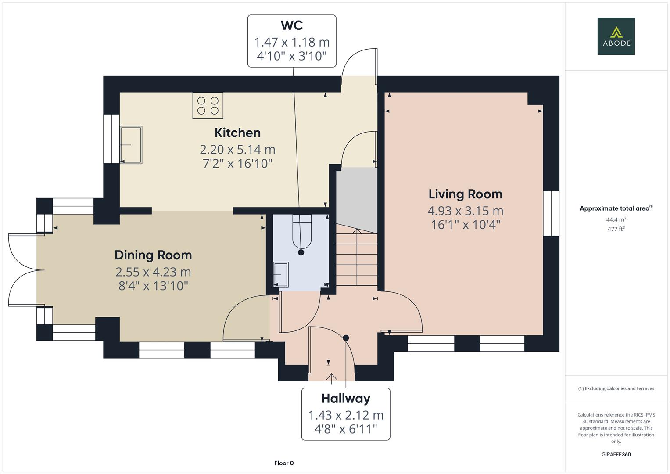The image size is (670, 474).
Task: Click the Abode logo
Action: coord(616,36)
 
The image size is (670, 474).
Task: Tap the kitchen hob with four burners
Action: coord(208,106)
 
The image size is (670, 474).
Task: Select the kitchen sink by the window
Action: coord(131,145)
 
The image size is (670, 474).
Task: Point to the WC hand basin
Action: coord(280,274)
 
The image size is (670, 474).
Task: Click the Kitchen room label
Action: coord(237,133)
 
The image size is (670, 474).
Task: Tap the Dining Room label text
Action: coord(153,255)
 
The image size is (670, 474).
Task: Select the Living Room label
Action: coord(465,194)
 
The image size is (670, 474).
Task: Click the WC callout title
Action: coord(292,25)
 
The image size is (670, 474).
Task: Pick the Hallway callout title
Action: coord(346,399)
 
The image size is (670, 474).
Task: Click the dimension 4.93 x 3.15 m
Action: coord(465,211)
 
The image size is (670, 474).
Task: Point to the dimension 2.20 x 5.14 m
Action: coord(237,150)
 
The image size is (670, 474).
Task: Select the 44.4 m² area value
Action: coord(616,219)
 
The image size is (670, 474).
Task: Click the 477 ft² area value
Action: coord(616,229)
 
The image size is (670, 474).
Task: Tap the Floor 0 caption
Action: coord(284,463)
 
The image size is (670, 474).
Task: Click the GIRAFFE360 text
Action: coord(616,454)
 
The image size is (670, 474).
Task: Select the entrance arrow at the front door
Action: coord(331,377)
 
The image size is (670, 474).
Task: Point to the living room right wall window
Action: coord(551,213)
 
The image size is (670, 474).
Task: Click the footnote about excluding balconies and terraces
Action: coord(616,388)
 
